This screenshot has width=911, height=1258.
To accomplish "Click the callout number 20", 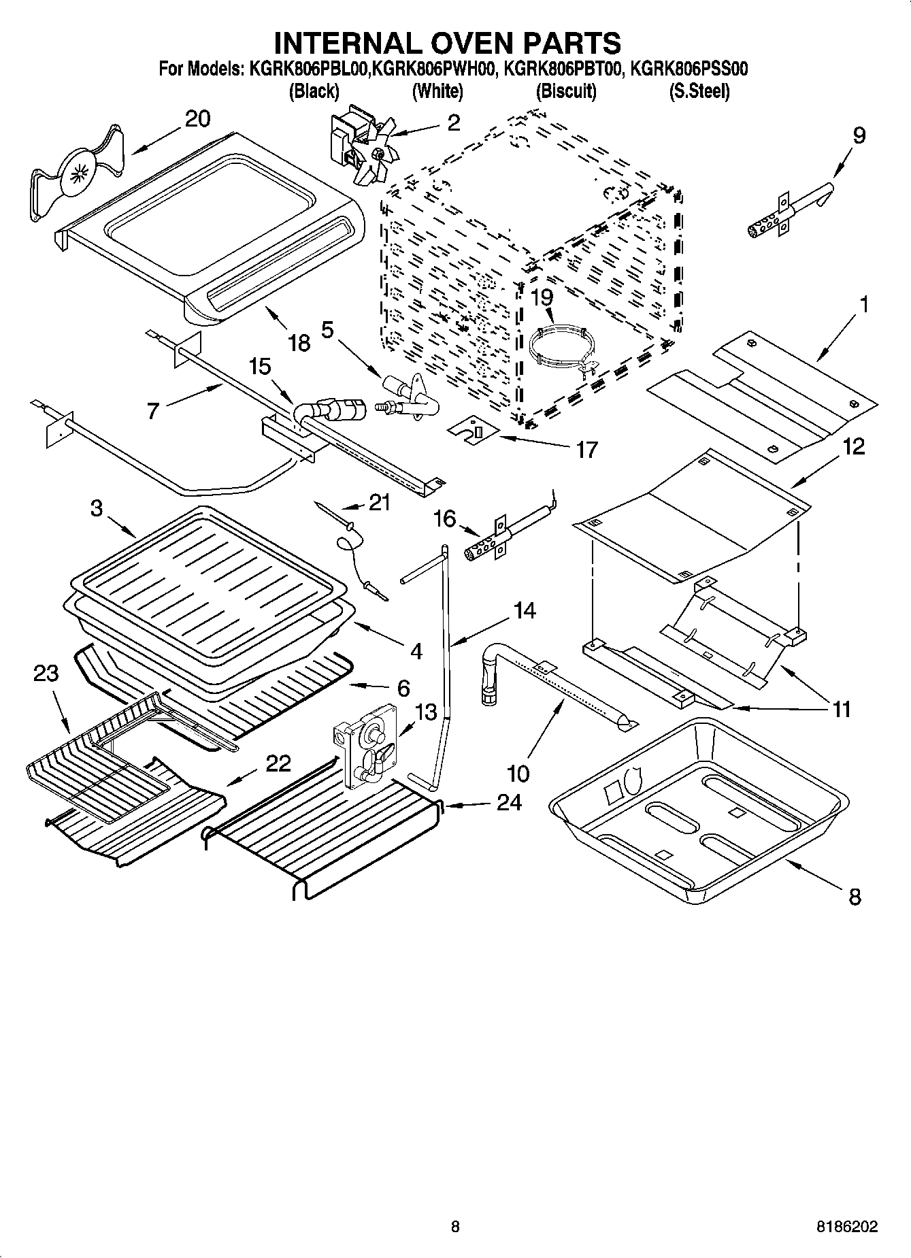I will (x=197, y=119).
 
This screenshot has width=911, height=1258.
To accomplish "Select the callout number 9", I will (x=859, y=135).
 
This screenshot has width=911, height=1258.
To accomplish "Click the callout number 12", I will (x=853, y=447).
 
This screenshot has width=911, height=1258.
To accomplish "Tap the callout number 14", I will (x=524, y=610).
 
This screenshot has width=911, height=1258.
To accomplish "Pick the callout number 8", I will (x=855, y=897).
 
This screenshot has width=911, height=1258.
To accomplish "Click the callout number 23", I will (x=46, y=674).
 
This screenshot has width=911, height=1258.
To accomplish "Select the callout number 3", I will (x=97, y=508).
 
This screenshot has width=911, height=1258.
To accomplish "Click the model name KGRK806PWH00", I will (x=435, y=69).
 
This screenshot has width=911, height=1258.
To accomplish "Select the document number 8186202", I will (x=846, y=1227).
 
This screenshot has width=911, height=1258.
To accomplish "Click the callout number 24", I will (x=509, y=803).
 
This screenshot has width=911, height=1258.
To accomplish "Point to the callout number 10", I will (x=518, y=774).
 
